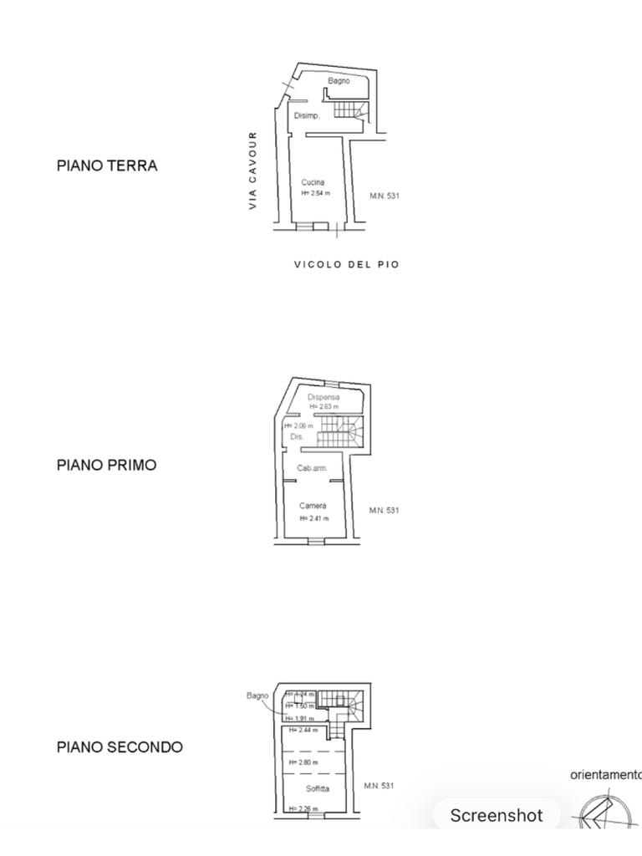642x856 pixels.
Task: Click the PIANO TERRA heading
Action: (x=107, y=166)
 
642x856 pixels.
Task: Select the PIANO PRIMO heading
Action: (x=106, y=465)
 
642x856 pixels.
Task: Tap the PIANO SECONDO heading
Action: (x=120, y=746)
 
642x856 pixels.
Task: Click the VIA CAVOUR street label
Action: (x=252, y=170)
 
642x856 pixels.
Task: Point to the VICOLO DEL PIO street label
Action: (x=346, y=264)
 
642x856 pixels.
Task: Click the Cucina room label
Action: (x=313, y=182)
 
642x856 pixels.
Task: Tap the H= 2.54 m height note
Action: (x=315, y=193)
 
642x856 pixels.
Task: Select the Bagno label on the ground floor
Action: (x=339, y=81)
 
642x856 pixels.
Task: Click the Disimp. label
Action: (x=307, y=115)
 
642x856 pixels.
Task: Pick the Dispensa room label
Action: (x=324, y=397)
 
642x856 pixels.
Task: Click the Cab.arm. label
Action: (x=313, y=468)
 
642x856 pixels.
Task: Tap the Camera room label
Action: (x=313, y=506)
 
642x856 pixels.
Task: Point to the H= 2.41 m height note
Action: (x=314, y=518)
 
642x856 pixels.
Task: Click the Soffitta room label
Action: (x=317, y=788)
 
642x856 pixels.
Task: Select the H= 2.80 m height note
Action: (x=303, y=762)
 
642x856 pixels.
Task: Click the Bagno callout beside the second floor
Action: (x=257, y=695)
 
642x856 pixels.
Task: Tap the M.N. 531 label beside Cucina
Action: (x=385, y=196)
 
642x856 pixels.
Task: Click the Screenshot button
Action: (x=497, y=816)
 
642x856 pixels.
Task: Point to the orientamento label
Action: (x=605, y=775)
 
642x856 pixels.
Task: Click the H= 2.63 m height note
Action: (x=324, y=406)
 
